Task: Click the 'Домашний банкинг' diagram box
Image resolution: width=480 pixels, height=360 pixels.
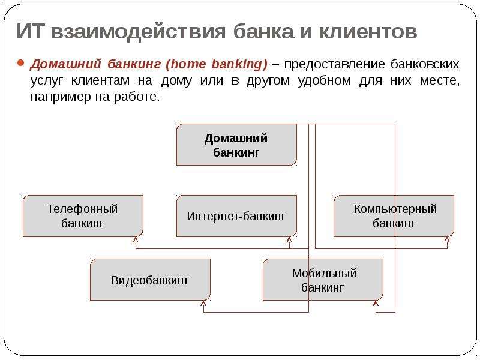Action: pos(236,145)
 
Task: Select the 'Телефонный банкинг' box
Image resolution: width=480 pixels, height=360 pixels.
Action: pos(83,216)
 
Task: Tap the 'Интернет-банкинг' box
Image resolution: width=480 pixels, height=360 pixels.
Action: pos(236,216)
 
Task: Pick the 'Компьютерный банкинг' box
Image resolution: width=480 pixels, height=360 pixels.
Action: pos(394,216)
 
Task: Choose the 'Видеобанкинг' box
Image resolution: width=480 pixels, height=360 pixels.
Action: pos(151,280)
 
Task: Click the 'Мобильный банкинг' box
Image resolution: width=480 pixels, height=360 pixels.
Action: pos(323,280)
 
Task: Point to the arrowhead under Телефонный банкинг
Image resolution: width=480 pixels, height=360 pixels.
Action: pos(136,239)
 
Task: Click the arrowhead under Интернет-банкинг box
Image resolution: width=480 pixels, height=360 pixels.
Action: pos(289,239)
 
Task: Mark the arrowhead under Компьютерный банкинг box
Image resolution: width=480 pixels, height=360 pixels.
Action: pos(447,239)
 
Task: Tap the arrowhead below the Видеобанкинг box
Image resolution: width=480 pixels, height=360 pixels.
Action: pos(203,303)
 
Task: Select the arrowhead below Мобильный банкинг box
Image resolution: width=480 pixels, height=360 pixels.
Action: pos(376,303)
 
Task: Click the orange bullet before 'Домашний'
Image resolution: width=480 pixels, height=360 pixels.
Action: pos(20,63)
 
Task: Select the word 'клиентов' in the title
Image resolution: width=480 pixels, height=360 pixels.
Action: pos(368,31)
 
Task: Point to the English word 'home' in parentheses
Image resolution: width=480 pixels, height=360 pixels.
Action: pos(187,64)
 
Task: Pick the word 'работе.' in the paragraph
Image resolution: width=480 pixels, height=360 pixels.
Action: pos(137,97)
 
